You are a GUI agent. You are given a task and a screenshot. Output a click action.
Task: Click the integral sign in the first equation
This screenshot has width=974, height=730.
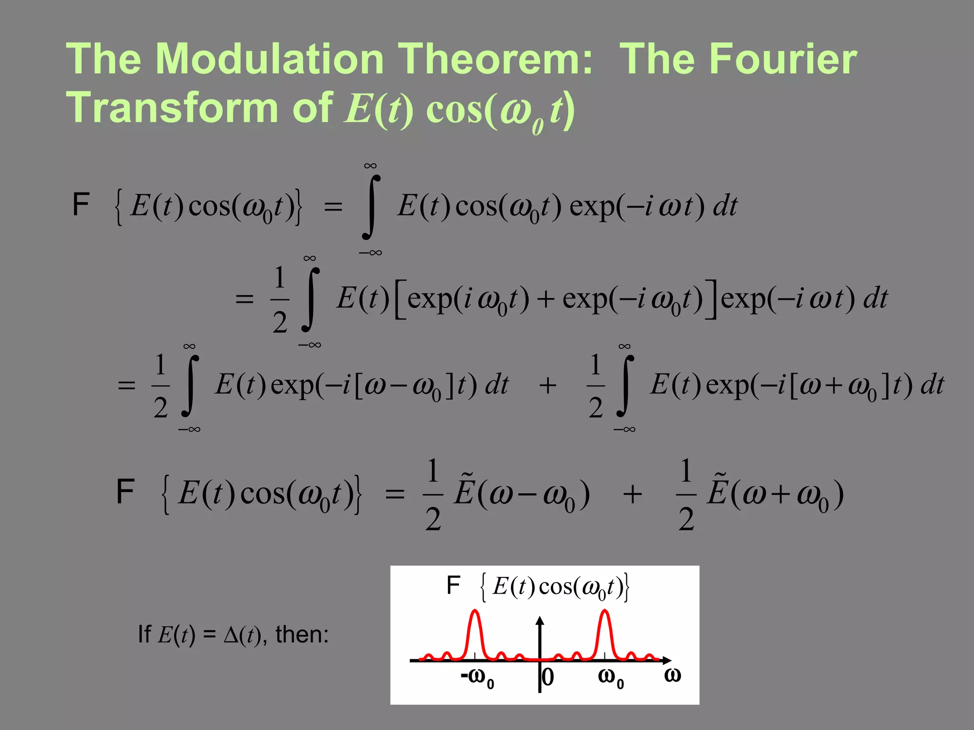click(x=371, y=207)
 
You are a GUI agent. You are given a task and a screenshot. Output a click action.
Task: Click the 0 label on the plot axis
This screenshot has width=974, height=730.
click(x=548, y=677)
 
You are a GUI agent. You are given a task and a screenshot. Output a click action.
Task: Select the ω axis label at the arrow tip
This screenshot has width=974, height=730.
click(x=672, y=675)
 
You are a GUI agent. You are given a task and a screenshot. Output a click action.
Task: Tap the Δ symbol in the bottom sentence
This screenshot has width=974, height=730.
click(x=231, y=635)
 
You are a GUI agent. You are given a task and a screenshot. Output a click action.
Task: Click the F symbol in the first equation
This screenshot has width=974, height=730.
click(x=80, y=205)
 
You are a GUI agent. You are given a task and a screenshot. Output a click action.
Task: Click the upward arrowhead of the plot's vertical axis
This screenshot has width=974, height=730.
click(x=539, y=621)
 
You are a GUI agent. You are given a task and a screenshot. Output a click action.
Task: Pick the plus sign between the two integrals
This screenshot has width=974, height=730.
click(x=548, y=385)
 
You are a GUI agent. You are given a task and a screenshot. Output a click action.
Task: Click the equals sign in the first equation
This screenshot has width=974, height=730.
click(x=333, y=207)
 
